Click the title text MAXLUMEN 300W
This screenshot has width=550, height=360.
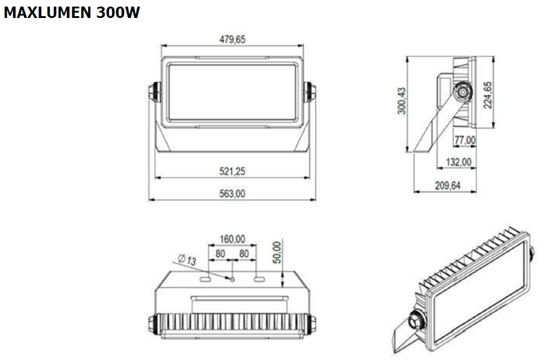(72, 13)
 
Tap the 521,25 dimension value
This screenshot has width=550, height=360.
(232, 171)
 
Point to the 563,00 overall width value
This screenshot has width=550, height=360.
(232, 193)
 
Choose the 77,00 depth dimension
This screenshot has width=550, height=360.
(465, 140)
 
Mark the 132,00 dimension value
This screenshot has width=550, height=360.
(458, 162)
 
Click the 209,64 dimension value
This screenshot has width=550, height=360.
(446, 185)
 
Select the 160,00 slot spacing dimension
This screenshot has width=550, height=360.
(232, 239)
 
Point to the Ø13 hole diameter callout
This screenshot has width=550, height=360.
(187, 260)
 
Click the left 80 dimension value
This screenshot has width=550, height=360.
(220, 253)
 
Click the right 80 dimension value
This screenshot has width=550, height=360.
(244, 253)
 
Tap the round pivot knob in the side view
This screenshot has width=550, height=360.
(461, 93)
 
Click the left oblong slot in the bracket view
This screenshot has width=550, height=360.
(205, 279)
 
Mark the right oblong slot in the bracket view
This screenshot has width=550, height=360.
(259, 279)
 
